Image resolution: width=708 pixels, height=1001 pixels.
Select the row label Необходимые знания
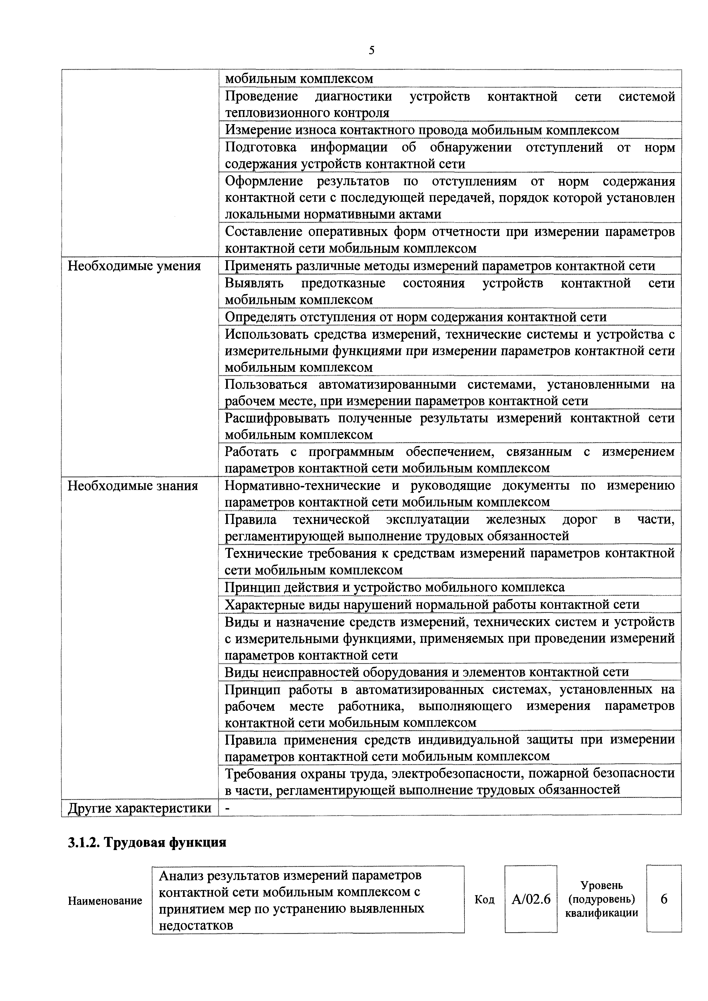click(133, 486)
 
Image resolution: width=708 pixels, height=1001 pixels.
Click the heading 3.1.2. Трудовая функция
click(147, 842)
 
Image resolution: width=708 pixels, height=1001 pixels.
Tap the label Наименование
click(105, 901)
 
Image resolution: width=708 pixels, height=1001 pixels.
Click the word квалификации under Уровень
click(601, 913)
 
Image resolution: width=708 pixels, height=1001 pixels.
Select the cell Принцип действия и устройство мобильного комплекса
click(394, 587)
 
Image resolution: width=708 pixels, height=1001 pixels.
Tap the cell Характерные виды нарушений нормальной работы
click(432, 605)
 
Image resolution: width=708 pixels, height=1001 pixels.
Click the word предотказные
click(343, 283)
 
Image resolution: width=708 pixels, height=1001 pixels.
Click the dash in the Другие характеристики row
click(227, 809)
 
